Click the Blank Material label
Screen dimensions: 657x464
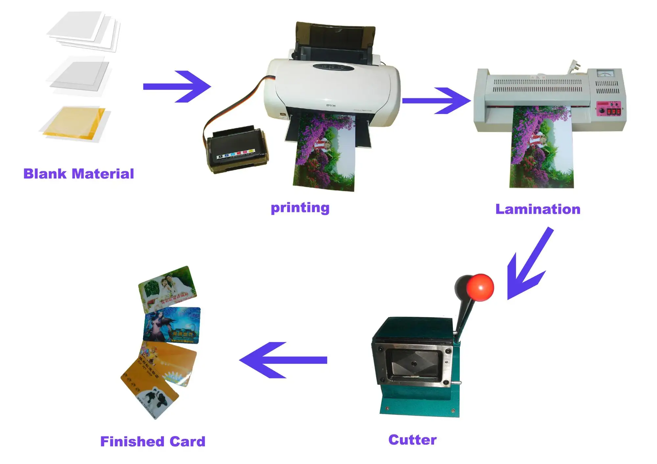[79, 174]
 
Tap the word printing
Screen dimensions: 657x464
[300, 208]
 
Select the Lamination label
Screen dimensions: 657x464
[538, 209]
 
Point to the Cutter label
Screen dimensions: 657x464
[412, 440]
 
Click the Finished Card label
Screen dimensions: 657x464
[153, 441]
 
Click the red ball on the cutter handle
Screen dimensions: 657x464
[480, 287]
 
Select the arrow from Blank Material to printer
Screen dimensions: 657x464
[177, 87]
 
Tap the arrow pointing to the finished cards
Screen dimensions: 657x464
[283, 360]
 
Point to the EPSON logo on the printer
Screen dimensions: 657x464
[330, 105]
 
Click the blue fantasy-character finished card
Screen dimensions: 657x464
[172, 325]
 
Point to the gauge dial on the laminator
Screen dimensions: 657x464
[605, 73]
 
